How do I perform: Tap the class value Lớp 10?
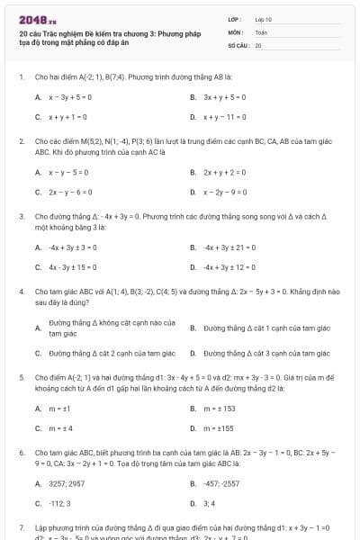264,19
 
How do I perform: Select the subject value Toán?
261,31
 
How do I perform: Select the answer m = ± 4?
62,428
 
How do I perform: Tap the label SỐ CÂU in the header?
238,44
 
